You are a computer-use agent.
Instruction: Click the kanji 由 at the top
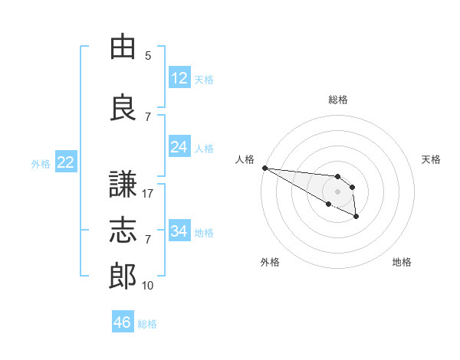(123, 46)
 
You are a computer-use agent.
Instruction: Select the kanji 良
(123, 107)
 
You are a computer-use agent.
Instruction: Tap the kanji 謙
(123, 184)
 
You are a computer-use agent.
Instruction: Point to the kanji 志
(123, 230)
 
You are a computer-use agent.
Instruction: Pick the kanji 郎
(123, 276)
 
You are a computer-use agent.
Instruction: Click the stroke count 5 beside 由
(148, 55)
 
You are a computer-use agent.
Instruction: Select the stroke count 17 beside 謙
(147, 194)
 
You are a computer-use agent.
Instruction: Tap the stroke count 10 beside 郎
(147, 285)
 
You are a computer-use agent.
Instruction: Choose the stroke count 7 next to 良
(148, 117)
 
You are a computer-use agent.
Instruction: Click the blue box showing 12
(180, 77)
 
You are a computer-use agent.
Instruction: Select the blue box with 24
(180, 146)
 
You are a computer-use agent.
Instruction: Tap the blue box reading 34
(180, 230)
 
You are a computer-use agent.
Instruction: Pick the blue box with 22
(66, 162)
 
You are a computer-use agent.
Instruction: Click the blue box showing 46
(123, 321)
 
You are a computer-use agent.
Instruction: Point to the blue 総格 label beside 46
(147, 324)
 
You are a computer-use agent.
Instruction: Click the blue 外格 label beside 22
(41, 164)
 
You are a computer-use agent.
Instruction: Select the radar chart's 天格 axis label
(431, 159)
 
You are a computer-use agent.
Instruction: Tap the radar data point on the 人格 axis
(265, 168)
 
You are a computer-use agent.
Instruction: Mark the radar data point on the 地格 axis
(356, 216)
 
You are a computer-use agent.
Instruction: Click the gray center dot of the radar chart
(337, 191)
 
